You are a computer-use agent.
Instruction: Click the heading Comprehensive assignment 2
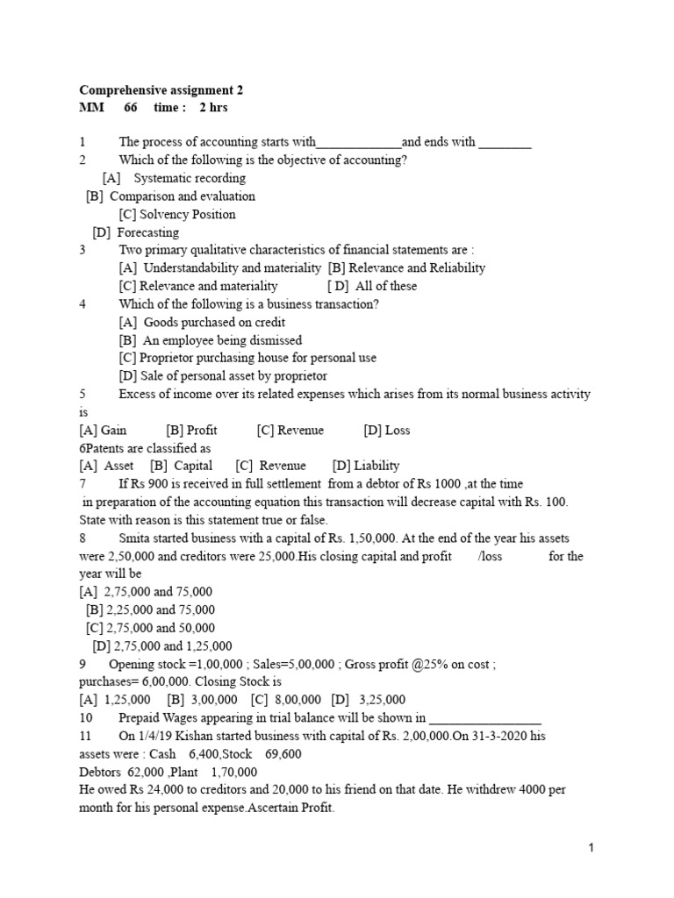point(161,89)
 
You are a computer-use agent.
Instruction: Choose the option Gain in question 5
point(114,430)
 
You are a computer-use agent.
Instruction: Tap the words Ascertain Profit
point(290,807)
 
